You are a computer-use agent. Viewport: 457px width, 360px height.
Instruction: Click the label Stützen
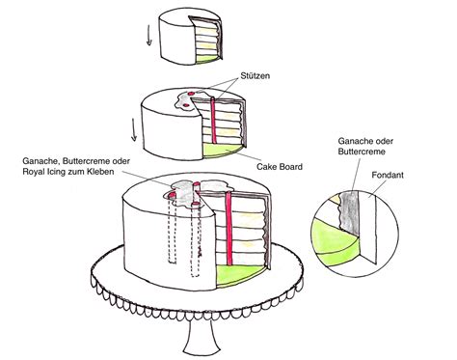255,75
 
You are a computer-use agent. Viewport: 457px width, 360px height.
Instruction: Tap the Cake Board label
280,167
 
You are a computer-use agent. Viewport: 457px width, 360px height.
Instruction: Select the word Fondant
388,175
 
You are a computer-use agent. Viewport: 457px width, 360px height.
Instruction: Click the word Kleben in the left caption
100,172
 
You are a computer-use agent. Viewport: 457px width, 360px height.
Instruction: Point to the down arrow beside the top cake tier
148,35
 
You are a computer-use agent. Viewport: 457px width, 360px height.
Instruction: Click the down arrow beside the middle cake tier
134,129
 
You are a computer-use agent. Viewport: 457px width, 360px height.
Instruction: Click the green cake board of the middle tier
222,151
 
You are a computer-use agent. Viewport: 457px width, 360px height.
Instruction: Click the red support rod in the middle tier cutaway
213,120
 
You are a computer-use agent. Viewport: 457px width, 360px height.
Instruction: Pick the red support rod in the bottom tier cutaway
228,229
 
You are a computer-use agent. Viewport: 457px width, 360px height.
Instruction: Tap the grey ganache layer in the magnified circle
350,212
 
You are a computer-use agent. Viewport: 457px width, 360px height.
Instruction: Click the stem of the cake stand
202,335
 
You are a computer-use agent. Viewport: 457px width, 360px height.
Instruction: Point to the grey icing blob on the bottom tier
186,193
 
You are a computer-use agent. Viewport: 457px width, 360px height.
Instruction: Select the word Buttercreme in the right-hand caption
362,152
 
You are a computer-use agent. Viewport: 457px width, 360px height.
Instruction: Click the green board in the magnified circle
335,242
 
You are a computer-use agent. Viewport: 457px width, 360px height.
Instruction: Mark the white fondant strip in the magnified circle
367,225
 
